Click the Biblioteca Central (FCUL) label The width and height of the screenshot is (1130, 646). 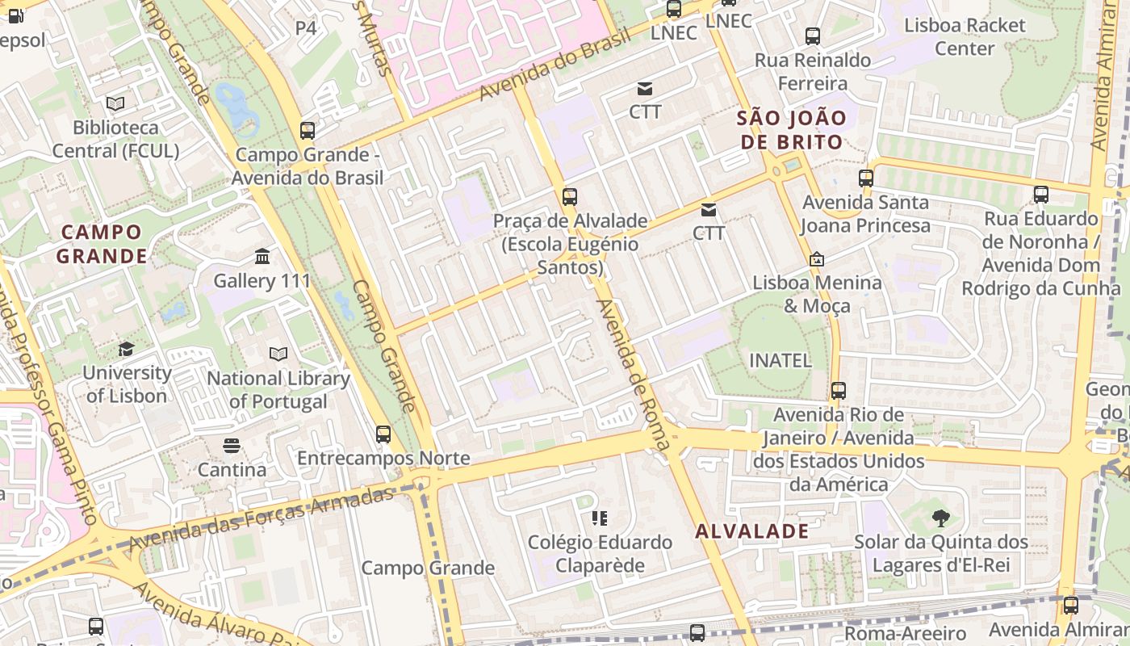coord(115,139)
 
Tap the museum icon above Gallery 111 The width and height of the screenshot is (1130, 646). coord(262,257)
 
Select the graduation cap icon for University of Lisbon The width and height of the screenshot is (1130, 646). coord(126,349)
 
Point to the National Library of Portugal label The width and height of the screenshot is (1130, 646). coord(278,389)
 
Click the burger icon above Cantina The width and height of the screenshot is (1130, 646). coord(232,446)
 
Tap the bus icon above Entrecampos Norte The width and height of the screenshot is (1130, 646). coord(383,434)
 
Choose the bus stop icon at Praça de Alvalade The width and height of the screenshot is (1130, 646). coord(570,196)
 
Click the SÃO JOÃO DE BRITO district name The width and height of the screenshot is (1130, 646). coord(791,130)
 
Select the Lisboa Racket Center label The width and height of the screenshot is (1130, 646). coord(965,36)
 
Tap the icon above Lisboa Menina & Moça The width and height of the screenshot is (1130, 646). coord(817,259)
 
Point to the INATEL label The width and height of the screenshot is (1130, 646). coord(781,360)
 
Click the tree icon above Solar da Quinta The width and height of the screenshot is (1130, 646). coord(940,518)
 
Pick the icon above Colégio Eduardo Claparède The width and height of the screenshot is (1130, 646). coord(599,518)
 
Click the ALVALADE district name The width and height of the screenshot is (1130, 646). coord(751,531)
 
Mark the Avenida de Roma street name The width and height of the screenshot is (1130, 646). coord(634,374)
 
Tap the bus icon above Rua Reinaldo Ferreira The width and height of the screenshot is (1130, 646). coord(813,36)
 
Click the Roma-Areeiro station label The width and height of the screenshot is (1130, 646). coord(905,632)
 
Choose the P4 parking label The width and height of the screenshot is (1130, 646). coord(306,28)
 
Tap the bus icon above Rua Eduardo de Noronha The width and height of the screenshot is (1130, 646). coord(1041,195)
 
